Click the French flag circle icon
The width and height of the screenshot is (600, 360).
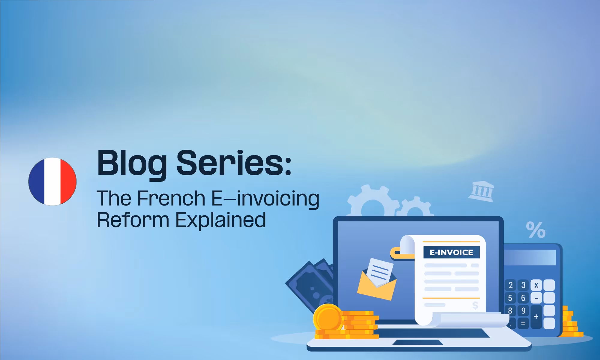(52, 181)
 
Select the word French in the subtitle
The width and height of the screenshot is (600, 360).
(171, 198)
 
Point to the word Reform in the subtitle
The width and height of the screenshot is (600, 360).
(133, 220)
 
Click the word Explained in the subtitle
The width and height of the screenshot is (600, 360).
(220, 220)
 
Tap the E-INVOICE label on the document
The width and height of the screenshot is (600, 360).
(451, 252)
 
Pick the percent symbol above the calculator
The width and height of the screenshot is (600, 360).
(535, 230)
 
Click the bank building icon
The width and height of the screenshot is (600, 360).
(481, 191)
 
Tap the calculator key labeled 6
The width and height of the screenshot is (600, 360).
(523, 298)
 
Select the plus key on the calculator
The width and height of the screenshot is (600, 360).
(536, 317)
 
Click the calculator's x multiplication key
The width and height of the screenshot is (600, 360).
(536, 285)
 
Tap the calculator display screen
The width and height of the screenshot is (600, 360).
(530, 257)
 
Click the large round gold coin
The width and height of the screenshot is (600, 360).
(328, 318)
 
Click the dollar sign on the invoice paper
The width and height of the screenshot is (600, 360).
(475, 305)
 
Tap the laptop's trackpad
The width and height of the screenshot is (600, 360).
(418, 342)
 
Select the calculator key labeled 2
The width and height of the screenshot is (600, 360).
(510, 285)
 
